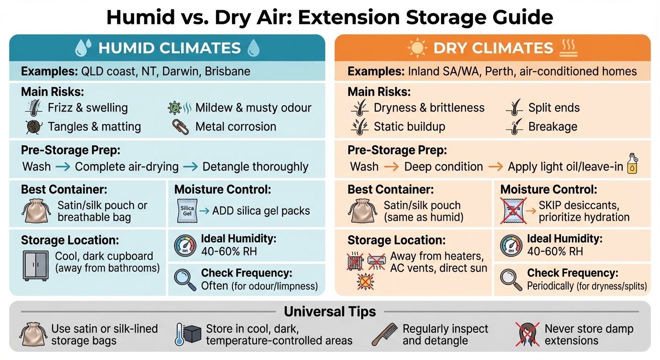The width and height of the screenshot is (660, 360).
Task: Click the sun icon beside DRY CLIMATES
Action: point(417,48)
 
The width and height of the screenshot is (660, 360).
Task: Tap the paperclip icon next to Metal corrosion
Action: point(180,127)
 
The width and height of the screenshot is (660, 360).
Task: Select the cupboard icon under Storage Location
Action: point(35,265)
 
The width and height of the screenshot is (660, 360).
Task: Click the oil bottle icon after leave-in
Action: point(633,163)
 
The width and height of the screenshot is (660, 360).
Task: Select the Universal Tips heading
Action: point(330,312)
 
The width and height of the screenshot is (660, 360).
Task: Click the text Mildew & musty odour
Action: point(253,108)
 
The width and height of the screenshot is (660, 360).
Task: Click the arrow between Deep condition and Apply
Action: point(495,167)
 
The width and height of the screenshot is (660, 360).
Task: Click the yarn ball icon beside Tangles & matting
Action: point(34,127)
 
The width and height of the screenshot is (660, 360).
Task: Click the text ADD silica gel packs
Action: point(261,211)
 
